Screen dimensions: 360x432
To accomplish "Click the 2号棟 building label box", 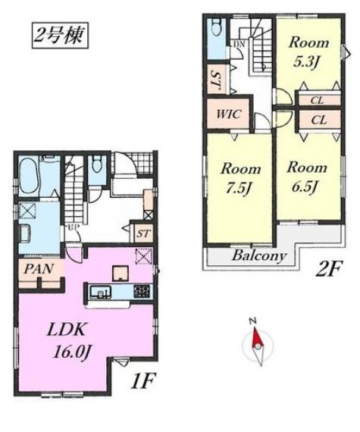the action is pyautogui.click(x=60, y=36).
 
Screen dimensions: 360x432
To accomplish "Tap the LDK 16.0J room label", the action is pyautogui.click(x=67, y=340).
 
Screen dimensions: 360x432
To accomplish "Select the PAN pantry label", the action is pyautogui.click(x=39, y=269).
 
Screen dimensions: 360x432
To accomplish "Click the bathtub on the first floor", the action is pyautogui.click(x=29, y=177).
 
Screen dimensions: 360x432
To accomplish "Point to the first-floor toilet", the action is pyautogui.click(x=97, y=164).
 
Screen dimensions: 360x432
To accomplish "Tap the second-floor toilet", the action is pyautogui.click(x=216, y=27).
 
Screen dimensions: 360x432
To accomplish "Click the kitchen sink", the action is pyautogui.click(x=101, y=292).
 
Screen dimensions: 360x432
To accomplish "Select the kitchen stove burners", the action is pyautogui.click(x=142, y=292).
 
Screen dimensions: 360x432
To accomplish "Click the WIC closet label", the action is pyautogui.click(x=229, y=114).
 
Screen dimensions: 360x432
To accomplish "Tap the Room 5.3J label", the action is pyautogui.click(x=308, y=52).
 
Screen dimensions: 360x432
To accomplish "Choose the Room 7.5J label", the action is pyautogui.click(x=240, y=178).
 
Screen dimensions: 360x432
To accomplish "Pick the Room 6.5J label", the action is pyautogui.click(x=306, y=177).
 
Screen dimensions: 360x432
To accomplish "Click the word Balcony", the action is pyautogui.click(x=259, y=256).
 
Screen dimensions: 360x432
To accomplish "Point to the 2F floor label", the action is pyautogui.click(x=328, y=269).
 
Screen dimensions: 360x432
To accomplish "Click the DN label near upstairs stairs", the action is pyautogui.click(x=239, y=44).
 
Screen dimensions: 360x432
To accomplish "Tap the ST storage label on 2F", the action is pyautogui.click(x=216, y=80).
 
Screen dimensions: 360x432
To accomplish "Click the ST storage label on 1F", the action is pyautogui.click(x=143, y=233).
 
